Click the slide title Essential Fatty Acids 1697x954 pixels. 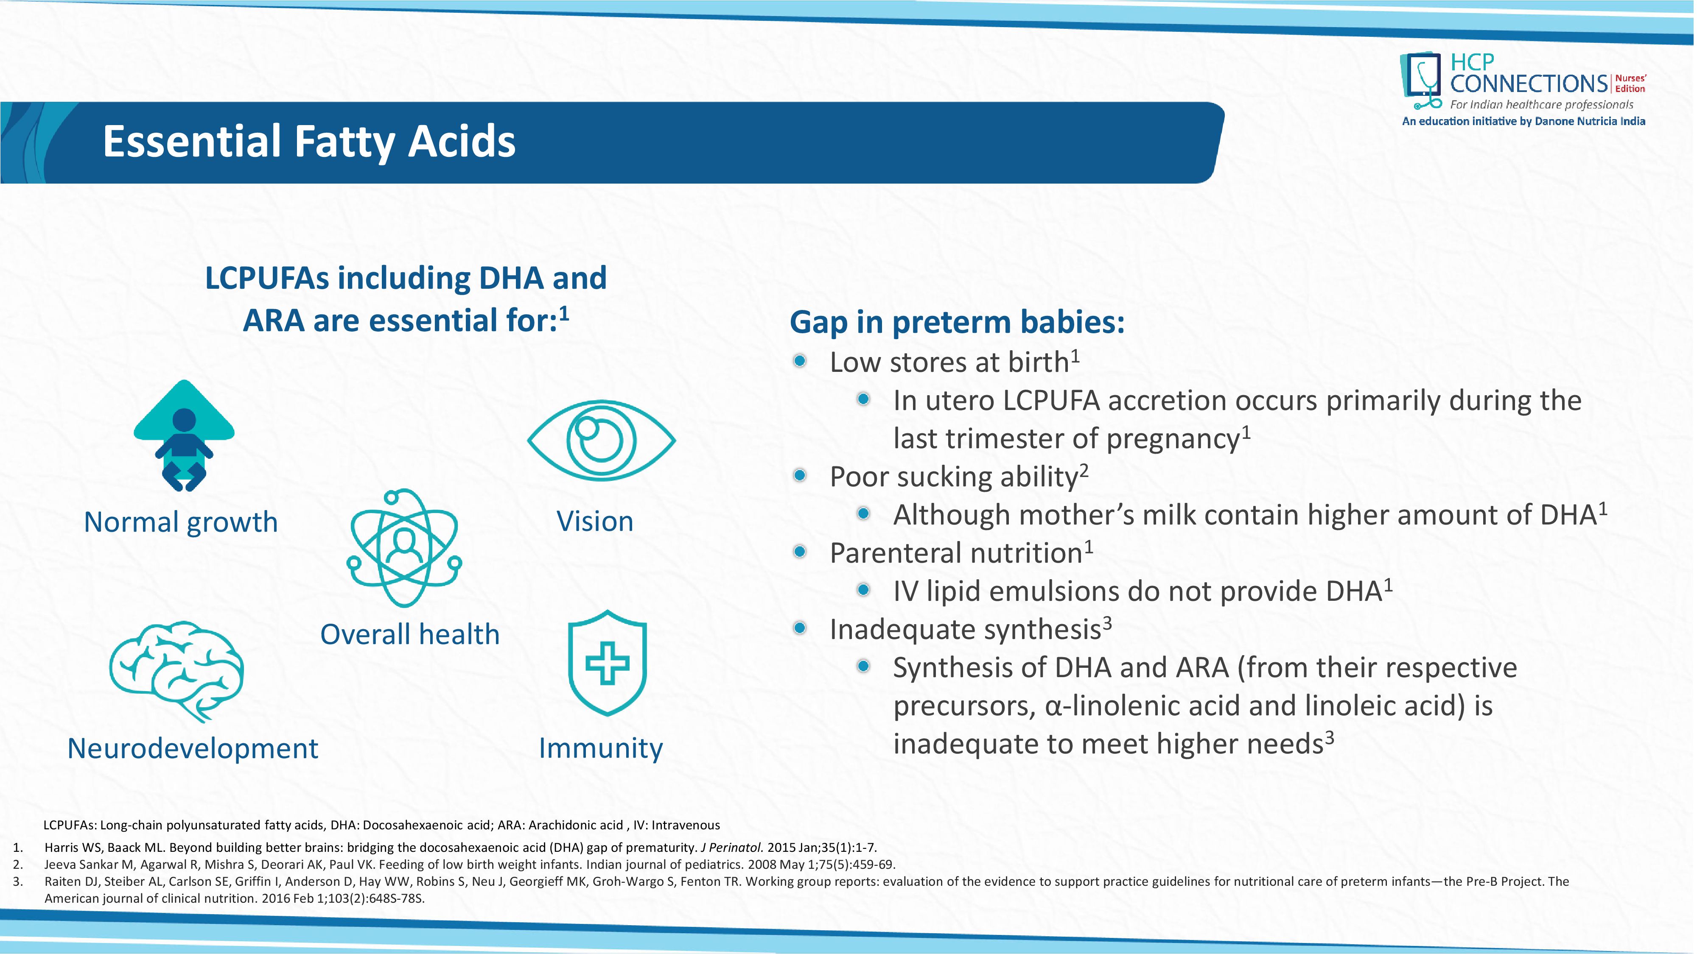pyautogui.click(x=309, y=142)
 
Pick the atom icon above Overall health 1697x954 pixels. pyautogui.click(x=404, y=548)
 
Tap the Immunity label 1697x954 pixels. pyautogui.click(x=601, y=749)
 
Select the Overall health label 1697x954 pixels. pyautogui.click(x=410, y=635)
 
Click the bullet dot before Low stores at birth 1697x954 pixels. pyautogui.click(x=800, y=361)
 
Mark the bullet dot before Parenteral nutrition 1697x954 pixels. pyautogui.click(x=800, y=552)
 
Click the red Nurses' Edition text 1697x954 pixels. pyautogui.click(x=1630, y=84)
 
